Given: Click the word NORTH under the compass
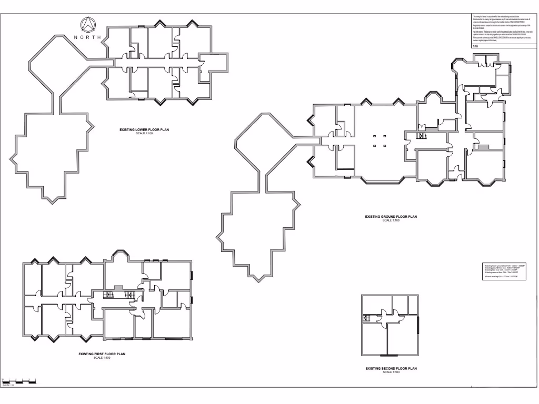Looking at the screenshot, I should (x=87, y=38).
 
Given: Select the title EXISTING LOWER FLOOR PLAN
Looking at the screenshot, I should (x=144, y=129).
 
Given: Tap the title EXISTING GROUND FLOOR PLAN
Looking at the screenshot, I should (x=391, y=217).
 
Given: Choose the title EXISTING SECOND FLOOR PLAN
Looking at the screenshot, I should (x=391, y=369).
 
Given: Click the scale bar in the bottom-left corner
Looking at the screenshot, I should (x=19, y=380).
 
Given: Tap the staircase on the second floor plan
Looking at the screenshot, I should (x=366, y=317).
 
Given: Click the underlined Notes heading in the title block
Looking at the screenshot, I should (x=476, y=46).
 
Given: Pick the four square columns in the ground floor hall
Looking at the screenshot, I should (x=380, y=140).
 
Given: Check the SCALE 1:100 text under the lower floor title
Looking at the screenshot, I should (x=144, y=134).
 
